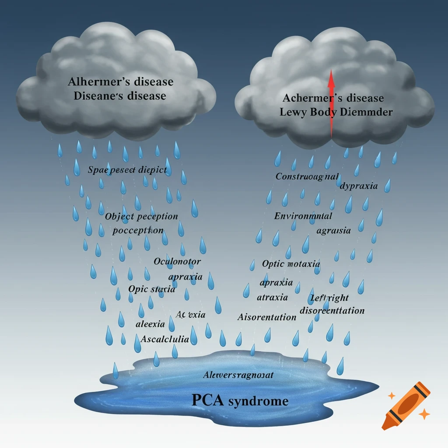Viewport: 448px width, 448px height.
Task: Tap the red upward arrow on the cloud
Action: (x=331, y=102)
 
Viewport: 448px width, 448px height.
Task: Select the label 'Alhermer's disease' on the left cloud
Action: (x=120, y=82)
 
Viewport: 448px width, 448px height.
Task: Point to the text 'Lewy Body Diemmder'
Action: (x=336, y=112)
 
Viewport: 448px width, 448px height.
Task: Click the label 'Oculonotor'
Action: (x=177, y=262)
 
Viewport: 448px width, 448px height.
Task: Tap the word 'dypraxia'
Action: (x=359, y=185)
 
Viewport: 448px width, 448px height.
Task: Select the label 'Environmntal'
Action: (x=303, y=216)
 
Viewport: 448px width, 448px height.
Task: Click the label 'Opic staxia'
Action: (x=152, y=289)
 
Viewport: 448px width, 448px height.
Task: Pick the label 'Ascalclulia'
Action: (x=165, y=339)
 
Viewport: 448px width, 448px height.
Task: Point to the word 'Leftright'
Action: (x=329, y=298)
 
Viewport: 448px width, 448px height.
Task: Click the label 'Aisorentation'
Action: (x=267, y=317)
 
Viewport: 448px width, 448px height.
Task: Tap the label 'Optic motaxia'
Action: (x=291, y=264)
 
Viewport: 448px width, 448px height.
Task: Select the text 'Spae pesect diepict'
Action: (x=127, y=170)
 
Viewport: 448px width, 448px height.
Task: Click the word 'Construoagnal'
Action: (x=307, y=176)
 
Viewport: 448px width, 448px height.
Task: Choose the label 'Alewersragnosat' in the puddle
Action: (x=238, y=375)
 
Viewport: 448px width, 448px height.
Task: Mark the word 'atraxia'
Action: (x=272, y=297)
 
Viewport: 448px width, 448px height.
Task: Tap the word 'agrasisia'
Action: (x=333, y=231)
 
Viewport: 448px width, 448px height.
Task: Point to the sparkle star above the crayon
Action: (x=392, y=395)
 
